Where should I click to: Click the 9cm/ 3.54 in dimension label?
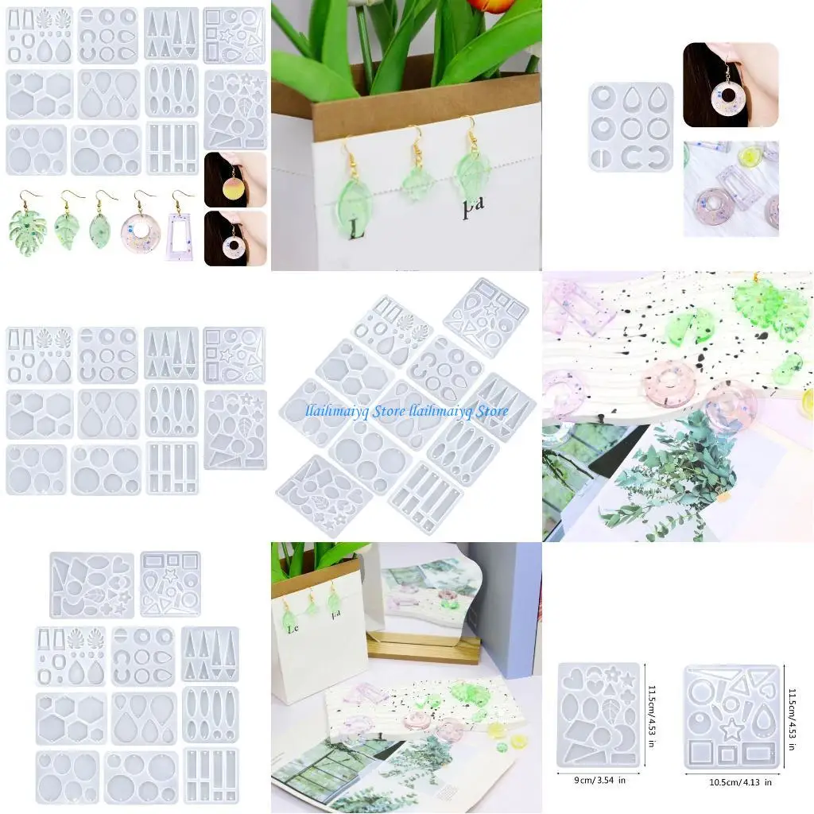pyautogui.click(x=599, y=780)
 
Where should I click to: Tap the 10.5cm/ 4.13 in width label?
pyautogui.click(x=736, y=782)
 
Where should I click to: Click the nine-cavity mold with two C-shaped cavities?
pyautogui.click(x=630, y=127)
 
